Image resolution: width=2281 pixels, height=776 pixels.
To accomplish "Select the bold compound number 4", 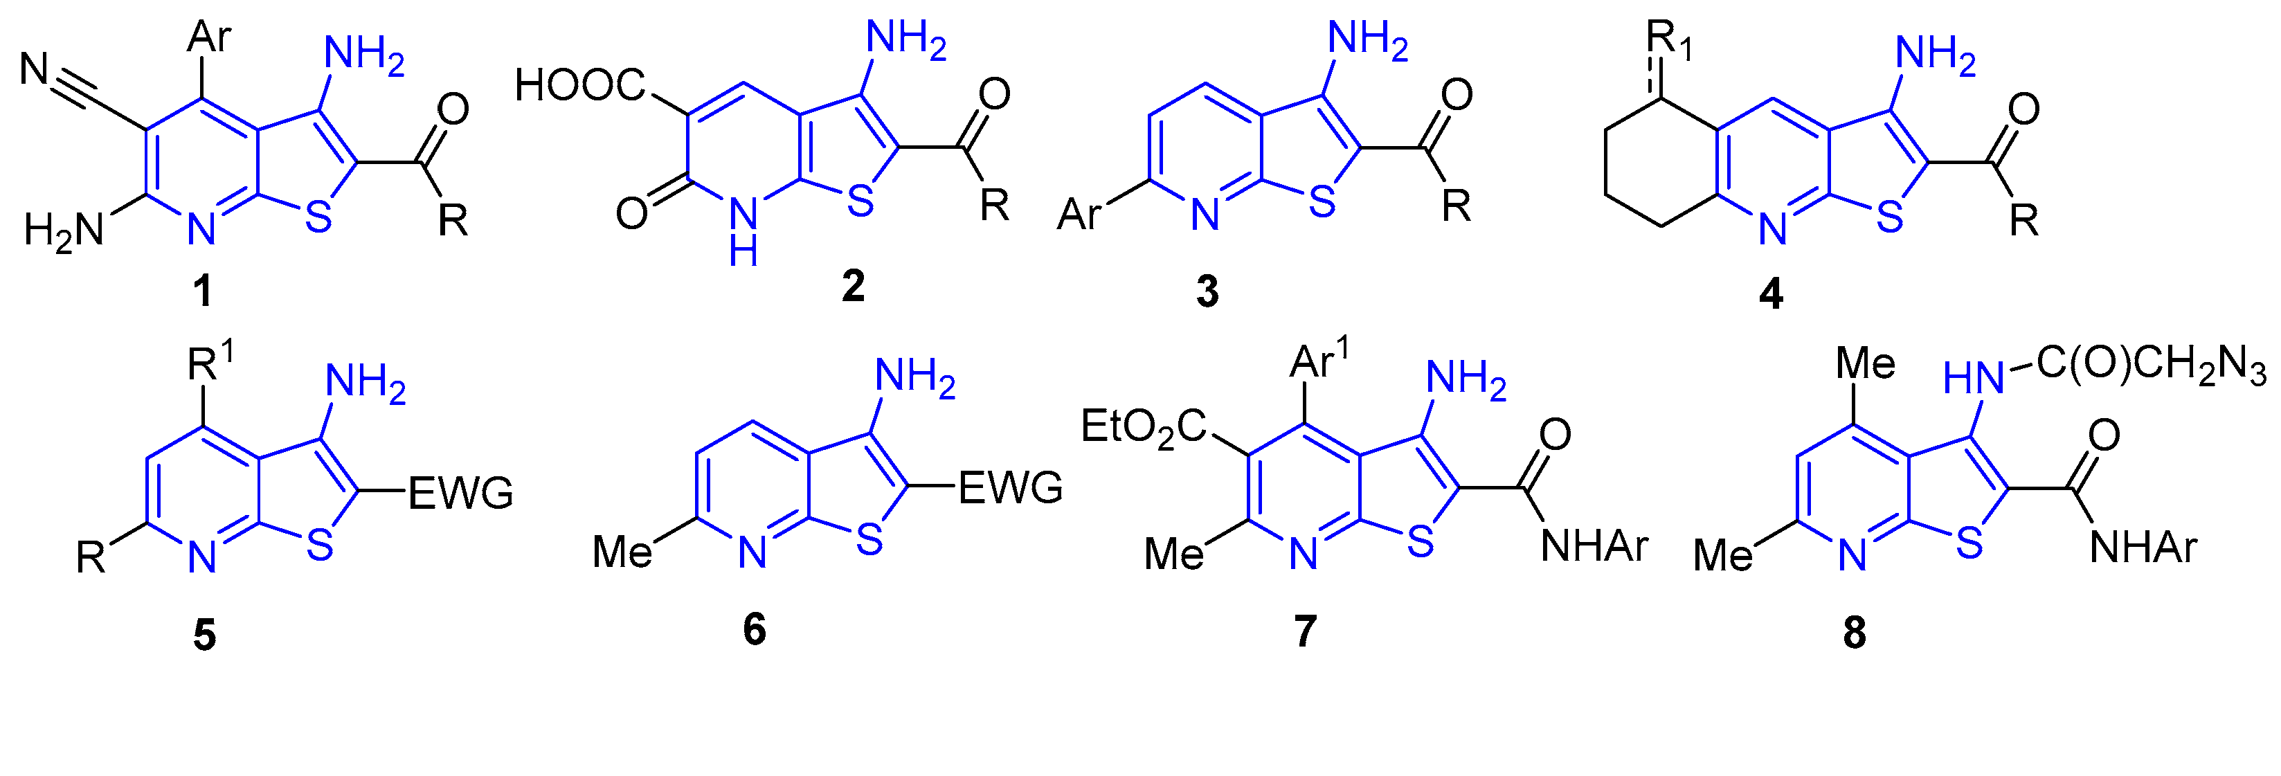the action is [x=1771, y=294].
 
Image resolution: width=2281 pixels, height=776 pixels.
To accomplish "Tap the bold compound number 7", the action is [x=1305, y=631].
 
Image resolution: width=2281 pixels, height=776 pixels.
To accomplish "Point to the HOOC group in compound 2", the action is [x=580, y=86].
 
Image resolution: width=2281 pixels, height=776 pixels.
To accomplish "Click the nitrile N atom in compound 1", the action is [x=35, y=69].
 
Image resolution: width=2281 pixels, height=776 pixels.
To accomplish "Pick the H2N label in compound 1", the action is [x=64, y=231].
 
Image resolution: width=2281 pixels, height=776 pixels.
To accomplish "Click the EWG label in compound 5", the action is [x=460, y=493].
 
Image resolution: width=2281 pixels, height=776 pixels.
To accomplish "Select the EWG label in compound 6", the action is [x=1010, y=488].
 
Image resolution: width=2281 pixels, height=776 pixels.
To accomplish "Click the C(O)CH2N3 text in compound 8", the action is [x=2150, y=364].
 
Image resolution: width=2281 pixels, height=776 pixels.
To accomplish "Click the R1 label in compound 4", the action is [x=1668, y=41].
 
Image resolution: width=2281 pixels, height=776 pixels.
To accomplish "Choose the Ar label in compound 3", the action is [x=1079, y=215].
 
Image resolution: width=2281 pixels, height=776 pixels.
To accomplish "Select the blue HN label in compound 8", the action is [x=1973, y=379].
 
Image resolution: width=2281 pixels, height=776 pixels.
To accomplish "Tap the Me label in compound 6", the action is [x=622, y=552].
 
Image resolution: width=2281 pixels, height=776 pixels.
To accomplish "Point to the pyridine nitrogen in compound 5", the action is [x=203, y=557].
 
